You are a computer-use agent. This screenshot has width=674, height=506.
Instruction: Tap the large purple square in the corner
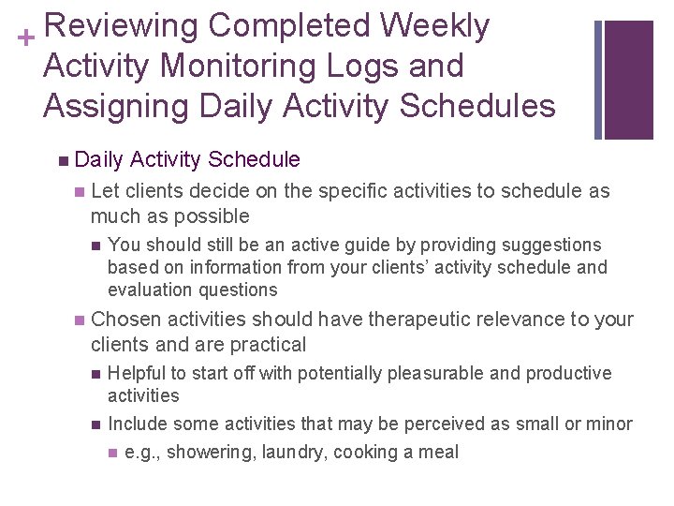[x=629, y=79]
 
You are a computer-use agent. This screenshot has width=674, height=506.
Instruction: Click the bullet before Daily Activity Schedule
[x=62, y=160]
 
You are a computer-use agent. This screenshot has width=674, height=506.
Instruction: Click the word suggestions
[x=552, y=246]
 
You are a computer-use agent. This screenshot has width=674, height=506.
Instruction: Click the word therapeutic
[x=432, y=320]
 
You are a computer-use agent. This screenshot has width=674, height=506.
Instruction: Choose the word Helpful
[x=137, y=373]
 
